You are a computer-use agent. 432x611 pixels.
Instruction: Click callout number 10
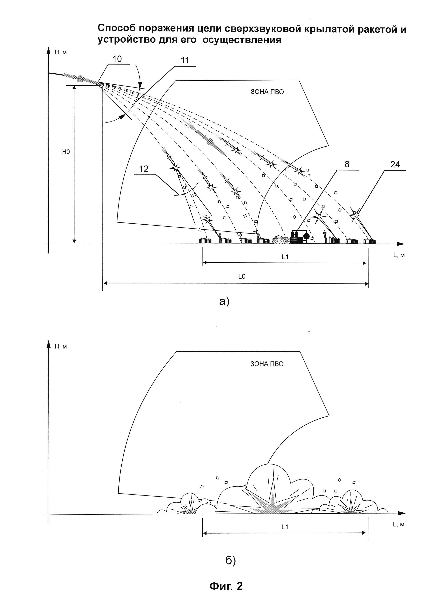tap(117, 59)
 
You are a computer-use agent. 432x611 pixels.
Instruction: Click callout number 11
tap(185, 60)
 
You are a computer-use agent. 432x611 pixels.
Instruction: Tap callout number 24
tap(395, 164)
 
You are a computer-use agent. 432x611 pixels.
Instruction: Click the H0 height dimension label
tap(66, 152)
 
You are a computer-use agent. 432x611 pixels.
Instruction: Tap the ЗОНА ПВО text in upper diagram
tap(267, 92)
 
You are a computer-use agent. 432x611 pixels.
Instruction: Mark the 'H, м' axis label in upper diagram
tap(61, 52)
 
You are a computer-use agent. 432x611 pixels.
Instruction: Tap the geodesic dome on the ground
tap(279, 239)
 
